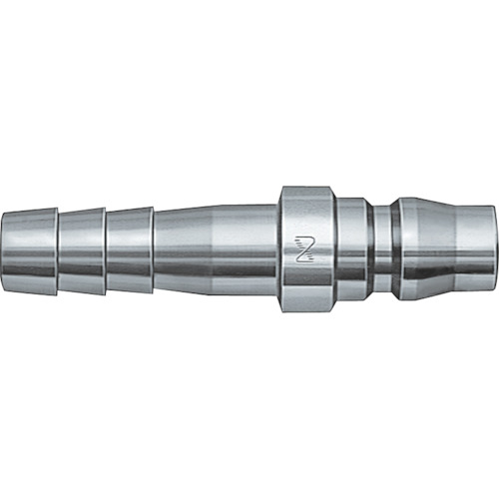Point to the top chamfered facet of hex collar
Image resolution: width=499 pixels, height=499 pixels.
[304, 191]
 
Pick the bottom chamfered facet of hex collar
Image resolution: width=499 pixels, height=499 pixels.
[304, 308]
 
